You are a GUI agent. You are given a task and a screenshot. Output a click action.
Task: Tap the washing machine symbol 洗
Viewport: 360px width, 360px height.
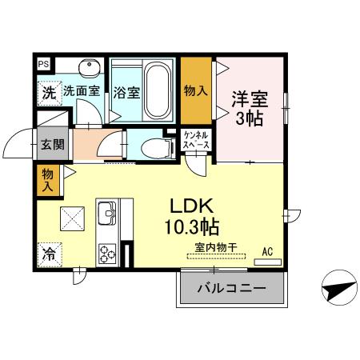tap(49, 91)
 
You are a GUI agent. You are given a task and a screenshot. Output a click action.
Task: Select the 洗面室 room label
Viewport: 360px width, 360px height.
tap(82, 91)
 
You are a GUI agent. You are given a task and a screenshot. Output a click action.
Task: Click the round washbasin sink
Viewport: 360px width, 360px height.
tap(87, 68)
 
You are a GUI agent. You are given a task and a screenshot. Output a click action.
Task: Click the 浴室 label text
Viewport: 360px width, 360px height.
tap(126, 91)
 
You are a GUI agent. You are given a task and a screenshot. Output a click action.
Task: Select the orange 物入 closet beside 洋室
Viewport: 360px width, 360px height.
tap(196, 90)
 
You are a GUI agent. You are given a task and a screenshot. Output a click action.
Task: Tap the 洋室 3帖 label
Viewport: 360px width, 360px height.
tap(249, 107)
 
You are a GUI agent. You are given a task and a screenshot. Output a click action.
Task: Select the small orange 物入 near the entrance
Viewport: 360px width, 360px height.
tap(47, 180)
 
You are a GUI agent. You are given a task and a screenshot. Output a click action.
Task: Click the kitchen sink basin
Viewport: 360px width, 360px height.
tap(106, 214)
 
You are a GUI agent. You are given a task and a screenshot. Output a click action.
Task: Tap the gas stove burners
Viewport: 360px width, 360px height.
tap(106, 252)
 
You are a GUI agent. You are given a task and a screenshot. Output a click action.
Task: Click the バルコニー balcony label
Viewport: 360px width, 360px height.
tap(231, 287)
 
